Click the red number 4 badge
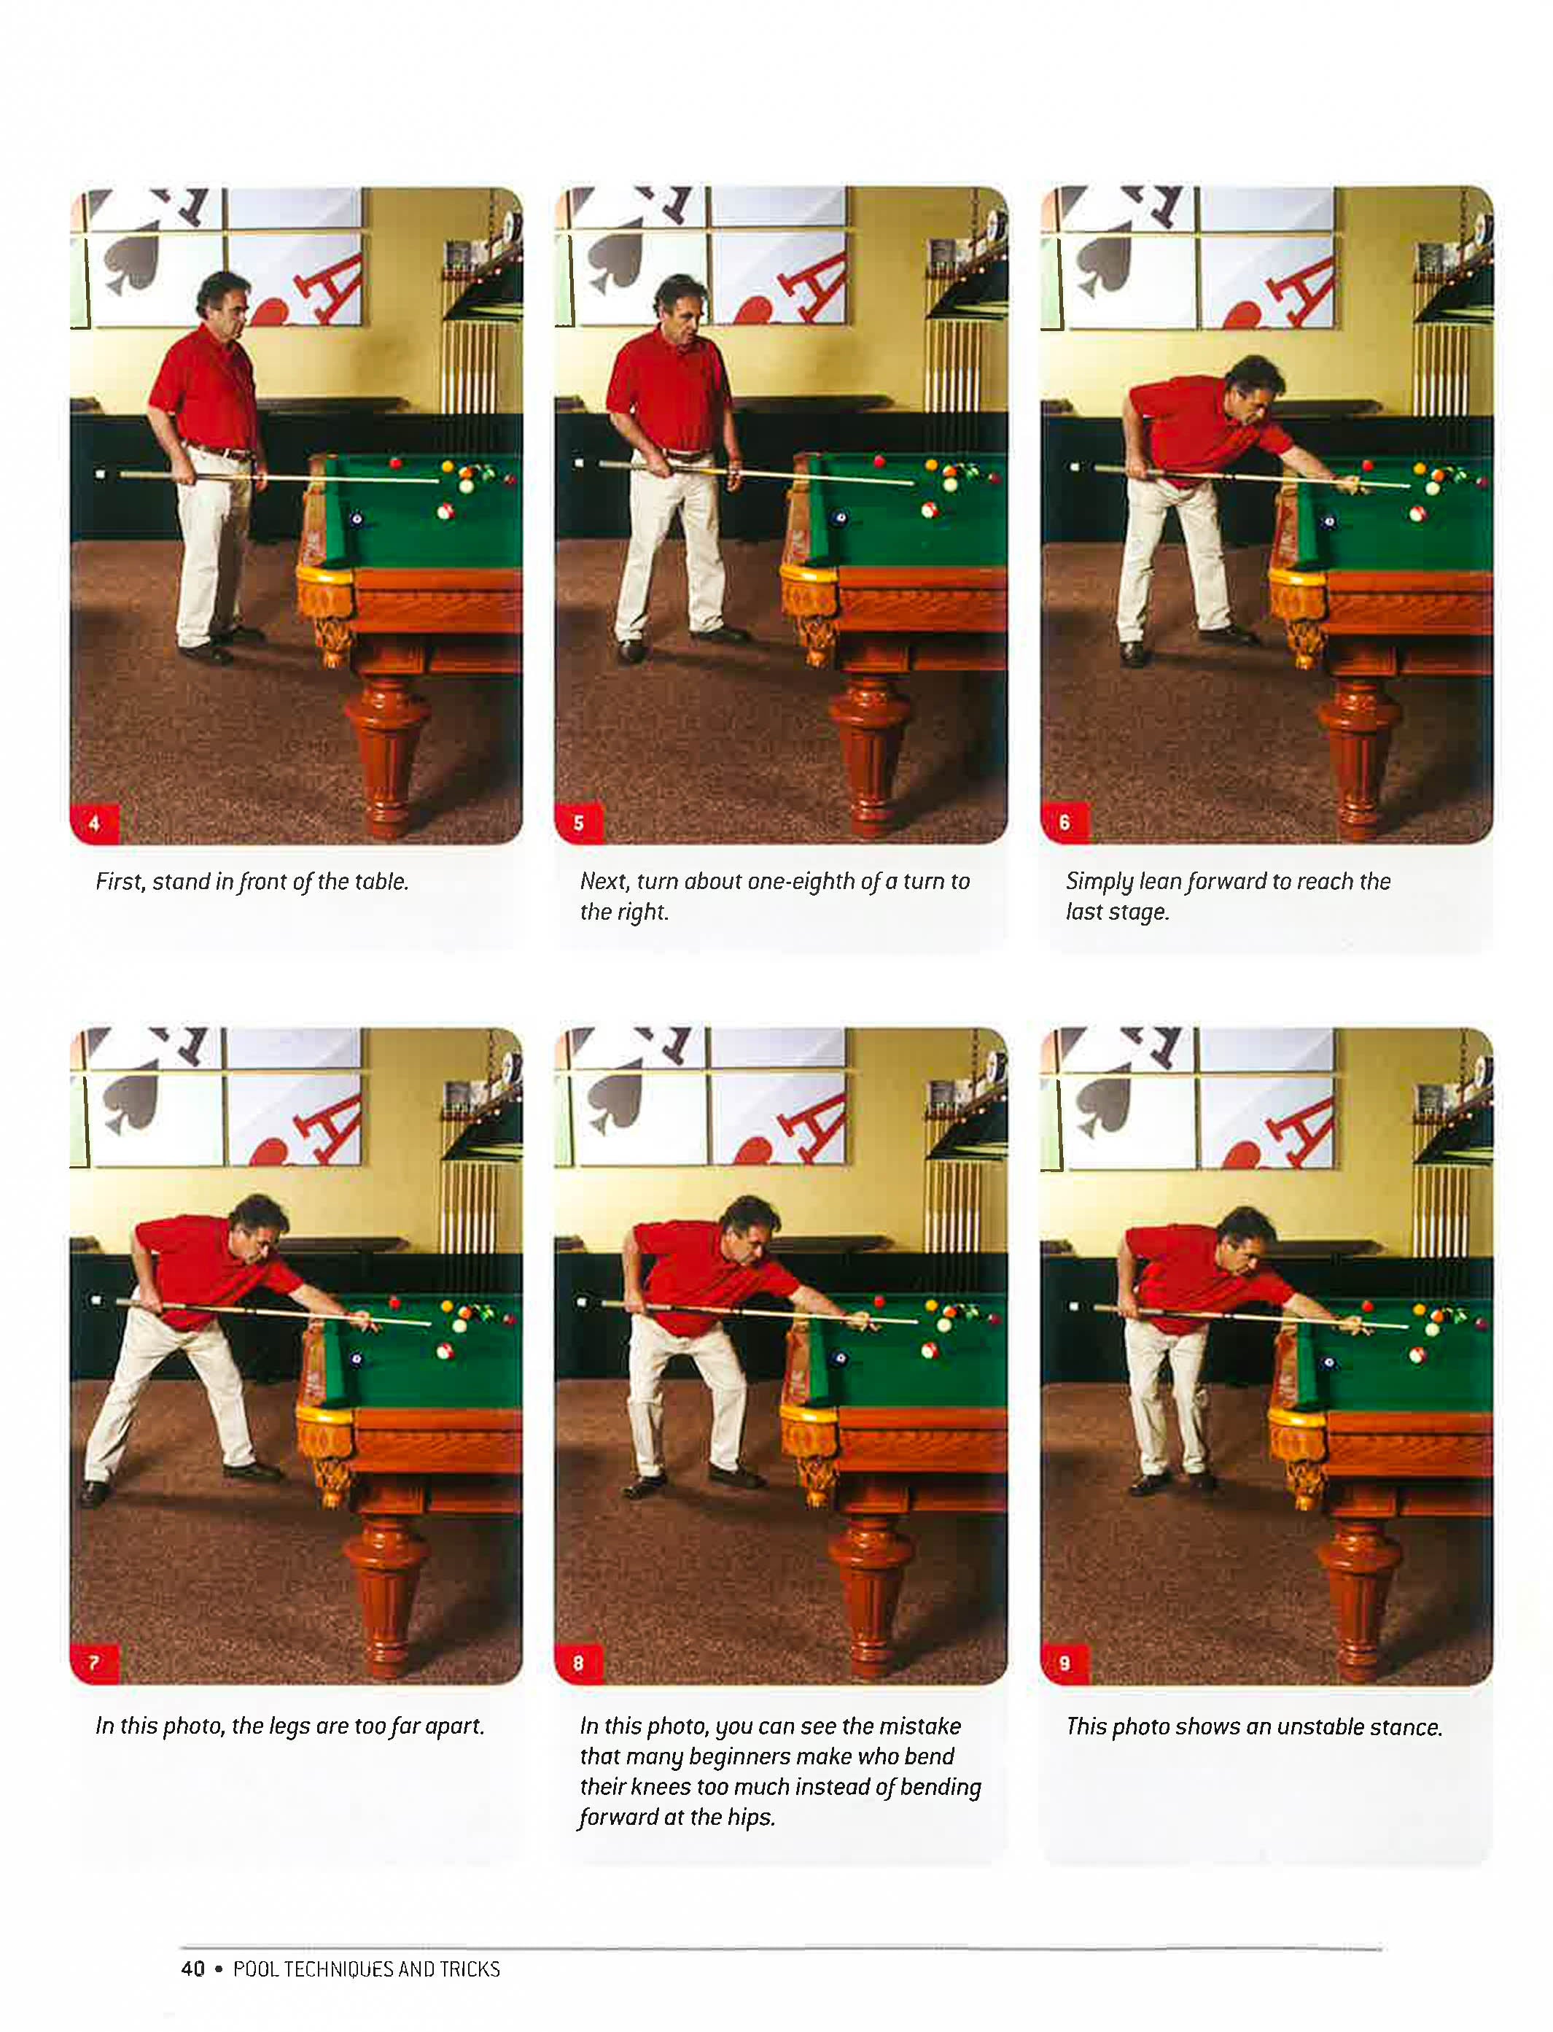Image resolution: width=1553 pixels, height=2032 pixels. click(x=94, y=823)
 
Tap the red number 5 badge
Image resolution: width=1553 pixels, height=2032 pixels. click(x=580, y=823)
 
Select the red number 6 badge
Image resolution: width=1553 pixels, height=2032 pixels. click(x=1065, y=823)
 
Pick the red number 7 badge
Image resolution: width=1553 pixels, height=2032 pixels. click(x=94, y=1663)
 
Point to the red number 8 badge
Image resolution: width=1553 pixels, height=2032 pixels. click(x=580, y=1663)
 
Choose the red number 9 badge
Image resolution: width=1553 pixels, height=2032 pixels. click(x=1065, y=1663)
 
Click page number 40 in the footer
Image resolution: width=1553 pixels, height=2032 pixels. click(x=193, y=1969)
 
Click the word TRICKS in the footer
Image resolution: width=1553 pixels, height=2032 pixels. click(x=470, y=1969)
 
